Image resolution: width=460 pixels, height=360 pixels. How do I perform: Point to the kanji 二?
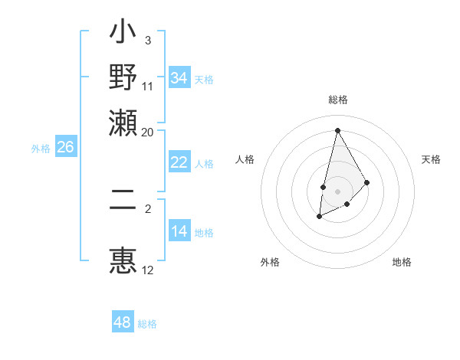click(x=123, y=207)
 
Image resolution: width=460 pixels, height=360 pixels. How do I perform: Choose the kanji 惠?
click(x=123, y=258)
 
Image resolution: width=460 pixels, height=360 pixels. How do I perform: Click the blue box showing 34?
click(x=179, y=78)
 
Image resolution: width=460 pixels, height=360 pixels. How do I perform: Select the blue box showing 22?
click(x=179, y=162)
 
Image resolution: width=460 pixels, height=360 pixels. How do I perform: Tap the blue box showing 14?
click(x=179, y=231)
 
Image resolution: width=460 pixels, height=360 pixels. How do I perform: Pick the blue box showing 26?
click(x=66, y=147)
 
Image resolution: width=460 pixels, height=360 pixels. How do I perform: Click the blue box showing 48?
click(x=123, y=322)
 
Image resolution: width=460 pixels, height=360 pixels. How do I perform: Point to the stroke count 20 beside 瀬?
click(x=148, y=132)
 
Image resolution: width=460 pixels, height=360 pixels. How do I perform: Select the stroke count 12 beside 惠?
click(x=148, y=270)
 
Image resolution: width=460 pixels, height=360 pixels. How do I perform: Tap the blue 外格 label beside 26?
click(x=41, y=149)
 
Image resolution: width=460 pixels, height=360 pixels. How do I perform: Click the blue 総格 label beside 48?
click(x=147, y=324)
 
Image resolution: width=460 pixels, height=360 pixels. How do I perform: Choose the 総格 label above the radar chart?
click(x=337, y=100)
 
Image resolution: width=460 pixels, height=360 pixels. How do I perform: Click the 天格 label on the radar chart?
click(x=431, y=159)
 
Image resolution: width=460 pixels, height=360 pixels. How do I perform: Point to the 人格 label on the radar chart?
click(x=245, y=159)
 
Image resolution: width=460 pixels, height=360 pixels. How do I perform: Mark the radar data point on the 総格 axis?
click(x=337, y=129)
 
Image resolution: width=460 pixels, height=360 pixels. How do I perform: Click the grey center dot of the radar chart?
click(x=337, y=190)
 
